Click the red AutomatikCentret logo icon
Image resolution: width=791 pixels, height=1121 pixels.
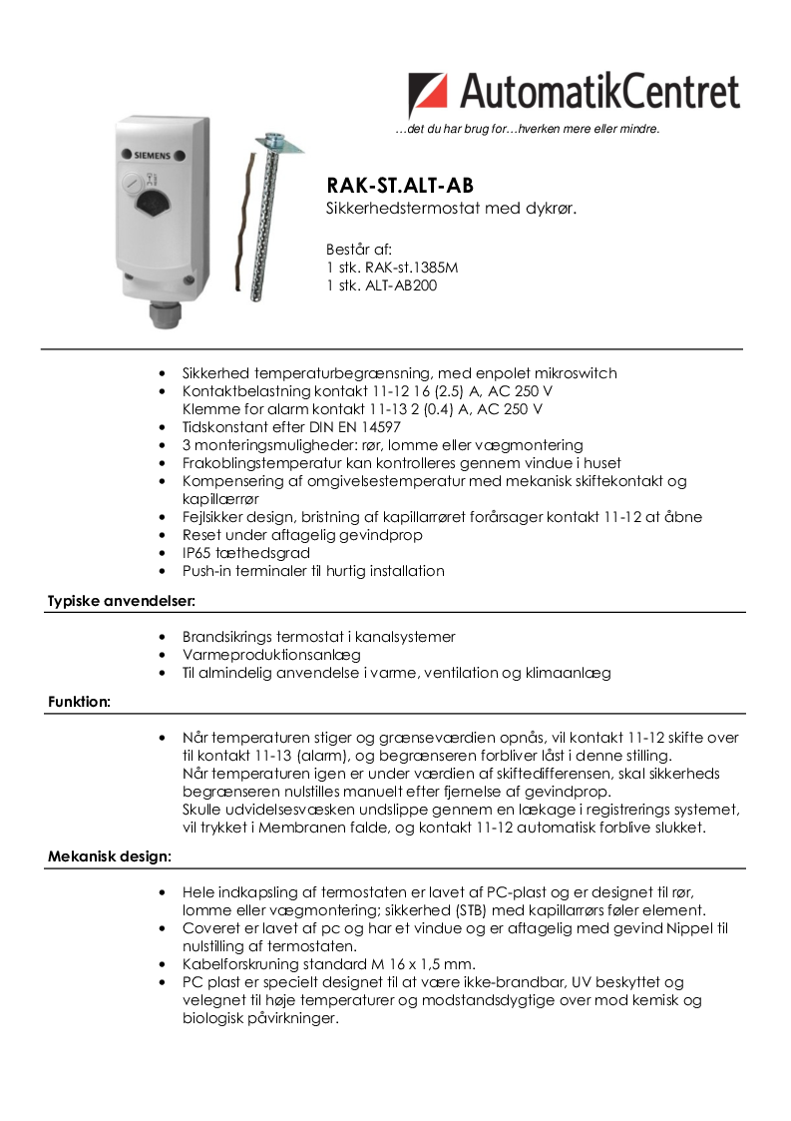428,95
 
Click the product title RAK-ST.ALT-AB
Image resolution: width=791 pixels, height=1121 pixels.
400,186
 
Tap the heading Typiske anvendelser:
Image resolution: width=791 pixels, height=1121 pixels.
121,601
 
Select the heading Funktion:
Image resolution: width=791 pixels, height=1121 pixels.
79,702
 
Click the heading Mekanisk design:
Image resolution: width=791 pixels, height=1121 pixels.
110,856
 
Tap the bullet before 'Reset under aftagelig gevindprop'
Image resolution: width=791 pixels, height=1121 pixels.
163,535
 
